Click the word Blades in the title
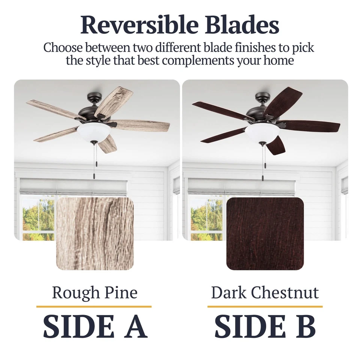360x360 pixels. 242,25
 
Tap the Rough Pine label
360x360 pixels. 94,292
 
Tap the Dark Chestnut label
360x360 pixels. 265,292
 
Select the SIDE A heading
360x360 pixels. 95,326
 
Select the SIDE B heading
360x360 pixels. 265,326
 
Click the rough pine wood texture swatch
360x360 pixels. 95,234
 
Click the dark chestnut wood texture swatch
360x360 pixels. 265,234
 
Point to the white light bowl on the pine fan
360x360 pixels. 94,133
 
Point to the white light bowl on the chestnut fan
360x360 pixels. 262,133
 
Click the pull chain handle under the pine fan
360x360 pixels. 94,175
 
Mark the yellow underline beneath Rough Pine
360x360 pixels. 94,306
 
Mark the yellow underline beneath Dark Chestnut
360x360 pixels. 265,306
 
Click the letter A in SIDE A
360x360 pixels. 136,326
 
